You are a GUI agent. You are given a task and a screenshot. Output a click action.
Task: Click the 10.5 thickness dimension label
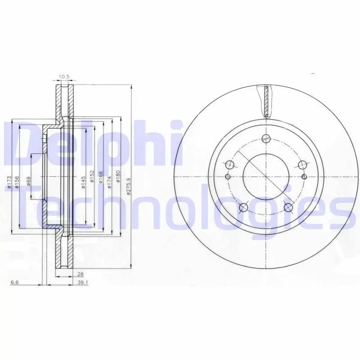click(64, 76)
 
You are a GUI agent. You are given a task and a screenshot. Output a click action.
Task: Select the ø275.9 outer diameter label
click(129, 187)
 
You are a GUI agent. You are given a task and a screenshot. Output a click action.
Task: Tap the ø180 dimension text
click(118, 176)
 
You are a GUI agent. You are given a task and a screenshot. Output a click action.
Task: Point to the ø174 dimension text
click(109, 183)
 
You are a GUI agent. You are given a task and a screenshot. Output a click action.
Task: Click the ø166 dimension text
click(100, 177)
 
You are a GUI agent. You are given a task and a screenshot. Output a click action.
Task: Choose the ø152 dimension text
click(92, 176)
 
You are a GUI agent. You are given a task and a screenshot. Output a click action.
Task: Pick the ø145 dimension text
click(83, 183)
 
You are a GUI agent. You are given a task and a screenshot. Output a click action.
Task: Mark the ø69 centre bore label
click(29, 181)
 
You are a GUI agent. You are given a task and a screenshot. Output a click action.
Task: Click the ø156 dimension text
click(17, 183)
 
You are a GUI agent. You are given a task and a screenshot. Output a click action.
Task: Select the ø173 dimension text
click(9, 183)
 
